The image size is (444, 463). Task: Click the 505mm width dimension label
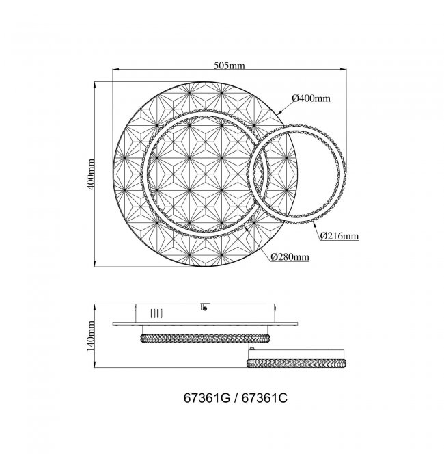[x=230, y=65]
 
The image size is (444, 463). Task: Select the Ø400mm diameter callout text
[x=311, y=98]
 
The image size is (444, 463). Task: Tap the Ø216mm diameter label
[x=339, y=236]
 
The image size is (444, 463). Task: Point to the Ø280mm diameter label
[x=290, y=257]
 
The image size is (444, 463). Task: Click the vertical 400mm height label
[x=92, y=174]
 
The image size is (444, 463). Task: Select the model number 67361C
[x=264, y=398]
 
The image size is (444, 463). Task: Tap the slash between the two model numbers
[x=236, y=398]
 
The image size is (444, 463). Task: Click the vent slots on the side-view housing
[x=156, y=313]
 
